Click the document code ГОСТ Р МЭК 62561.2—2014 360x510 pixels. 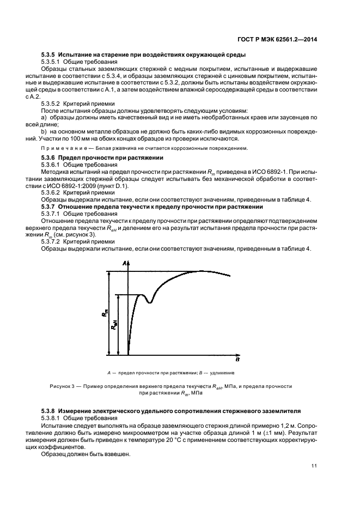[277, 39]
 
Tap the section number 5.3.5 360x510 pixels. [51, 54]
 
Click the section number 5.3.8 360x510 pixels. [51, 409]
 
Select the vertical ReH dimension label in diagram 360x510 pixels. [114, 325]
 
